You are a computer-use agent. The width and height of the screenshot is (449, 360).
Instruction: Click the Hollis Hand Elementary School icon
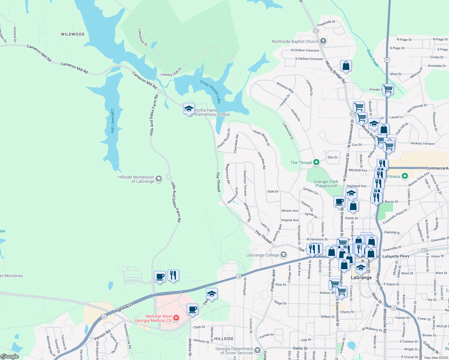(189, 109)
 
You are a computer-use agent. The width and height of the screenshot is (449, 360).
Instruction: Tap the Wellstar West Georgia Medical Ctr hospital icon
(176, 318)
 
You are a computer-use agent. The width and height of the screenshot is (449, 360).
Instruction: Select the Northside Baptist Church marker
(323, 41)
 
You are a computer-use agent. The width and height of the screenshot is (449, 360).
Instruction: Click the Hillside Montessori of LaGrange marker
(159, 179)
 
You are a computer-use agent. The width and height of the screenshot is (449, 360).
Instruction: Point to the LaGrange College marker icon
(283, 255)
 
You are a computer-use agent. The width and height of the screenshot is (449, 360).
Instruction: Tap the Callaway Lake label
(113, 121)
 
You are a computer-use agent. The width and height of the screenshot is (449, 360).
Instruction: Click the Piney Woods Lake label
(211, 91)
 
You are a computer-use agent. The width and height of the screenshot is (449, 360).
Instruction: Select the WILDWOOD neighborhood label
(73, 34)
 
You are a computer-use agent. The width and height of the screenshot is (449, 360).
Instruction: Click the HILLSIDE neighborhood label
(224, 339)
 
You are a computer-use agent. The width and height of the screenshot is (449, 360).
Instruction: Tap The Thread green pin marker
(316, 162)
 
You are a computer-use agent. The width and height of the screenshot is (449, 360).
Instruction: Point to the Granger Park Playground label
(326, 184)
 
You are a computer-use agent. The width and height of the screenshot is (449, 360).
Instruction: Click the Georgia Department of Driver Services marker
(258, 350)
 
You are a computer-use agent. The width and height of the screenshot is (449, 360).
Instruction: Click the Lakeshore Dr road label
(143, 37)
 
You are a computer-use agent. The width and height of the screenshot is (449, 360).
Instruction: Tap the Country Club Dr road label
(171, 72)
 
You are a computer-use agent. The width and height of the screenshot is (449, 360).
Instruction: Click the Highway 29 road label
(124, 308)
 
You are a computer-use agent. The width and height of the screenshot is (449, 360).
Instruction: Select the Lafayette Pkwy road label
(396, 256)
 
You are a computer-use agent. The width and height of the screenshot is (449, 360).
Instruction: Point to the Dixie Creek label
(373, 58)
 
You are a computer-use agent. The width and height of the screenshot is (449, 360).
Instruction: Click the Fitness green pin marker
(405, 176)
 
